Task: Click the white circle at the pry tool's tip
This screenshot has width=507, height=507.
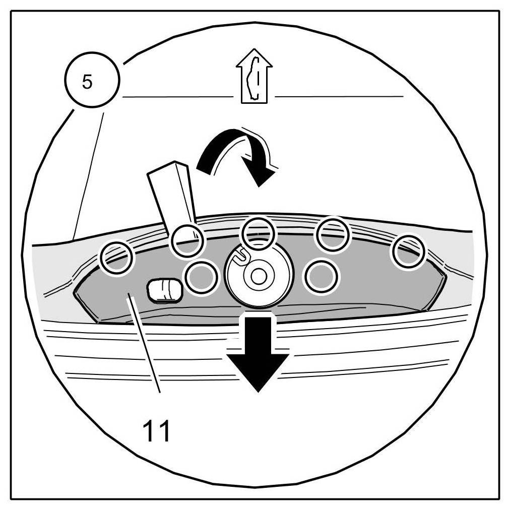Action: [x=187, y=240]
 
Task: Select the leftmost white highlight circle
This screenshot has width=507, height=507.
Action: [x=116, y=258]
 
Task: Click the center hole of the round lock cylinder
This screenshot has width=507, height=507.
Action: [x=259, y=275]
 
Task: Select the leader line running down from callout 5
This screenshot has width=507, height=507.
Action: [x=89, y=176]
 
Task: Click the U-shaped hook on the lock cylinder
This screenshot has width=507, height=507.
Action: [x=242, y=255]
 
